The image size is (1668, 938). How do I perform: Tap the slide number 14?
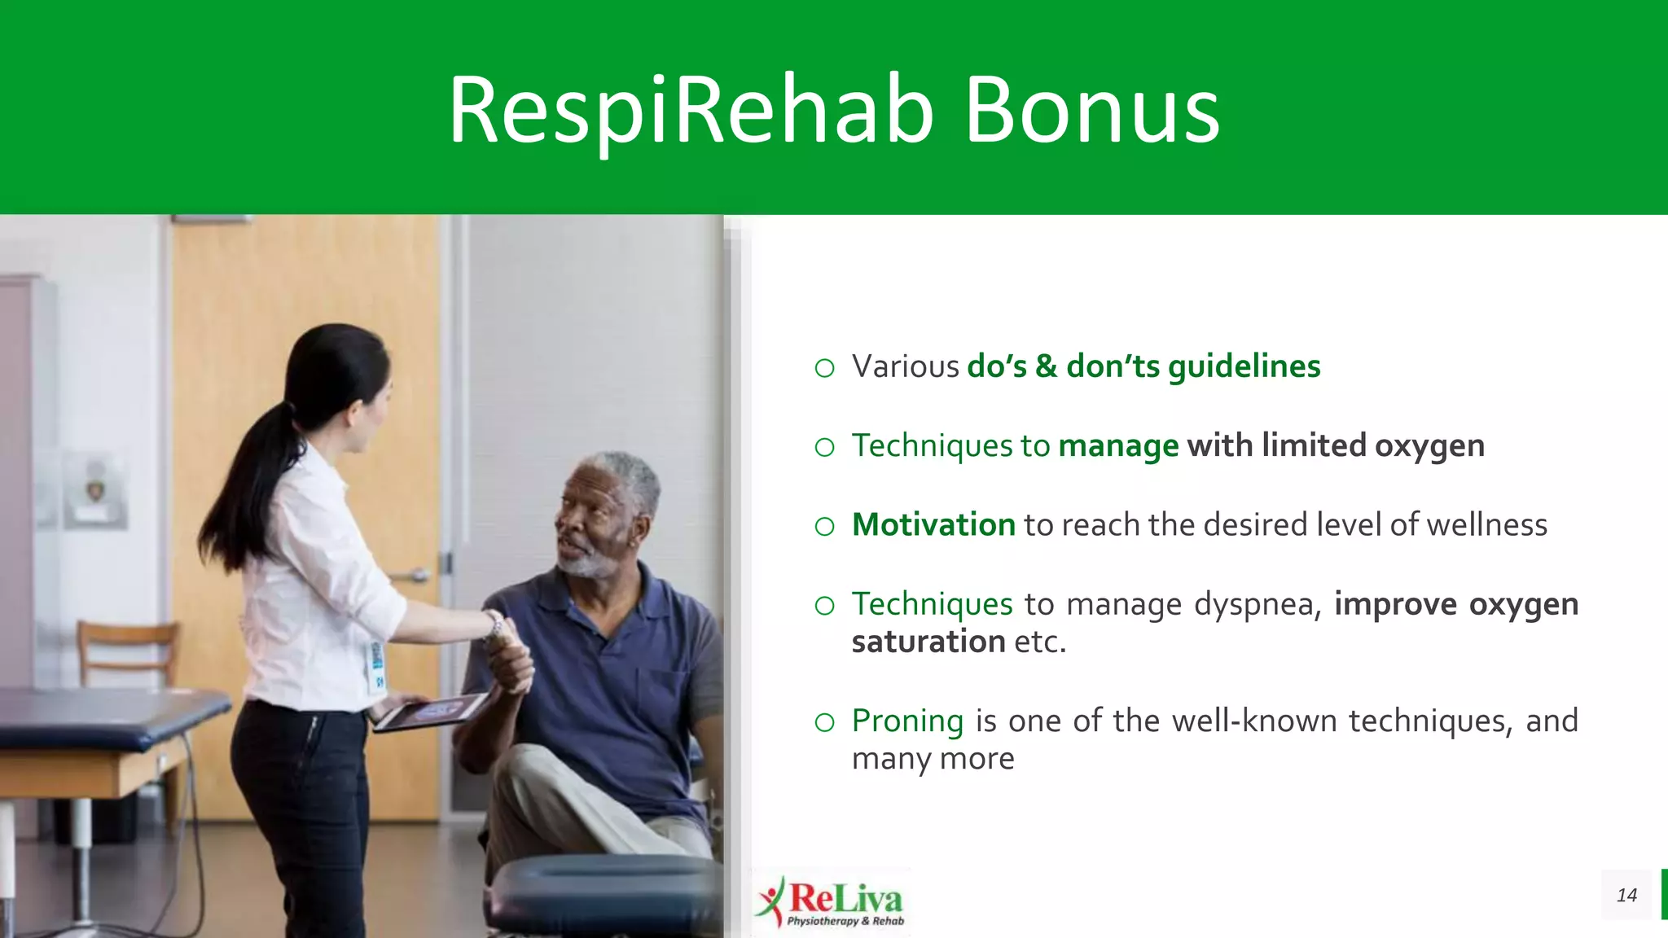1626,895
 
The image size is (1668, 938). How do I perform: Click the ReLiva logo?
831,901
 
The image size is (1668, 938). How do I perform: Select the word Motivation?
933,525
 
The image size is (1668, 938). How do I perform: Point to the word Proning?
907,721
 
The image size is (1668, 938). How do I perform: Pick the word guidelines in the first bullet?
1244,367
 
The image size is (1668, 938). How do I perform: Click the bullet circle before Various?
824,369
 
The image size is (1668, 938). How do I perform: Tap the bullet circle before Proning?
824,722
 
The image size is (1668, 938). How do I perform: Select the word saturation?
928,642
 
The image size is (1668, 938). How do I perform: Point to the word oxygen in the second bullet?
1429,446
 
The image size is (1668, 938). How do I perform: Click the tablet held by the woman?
432,712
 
